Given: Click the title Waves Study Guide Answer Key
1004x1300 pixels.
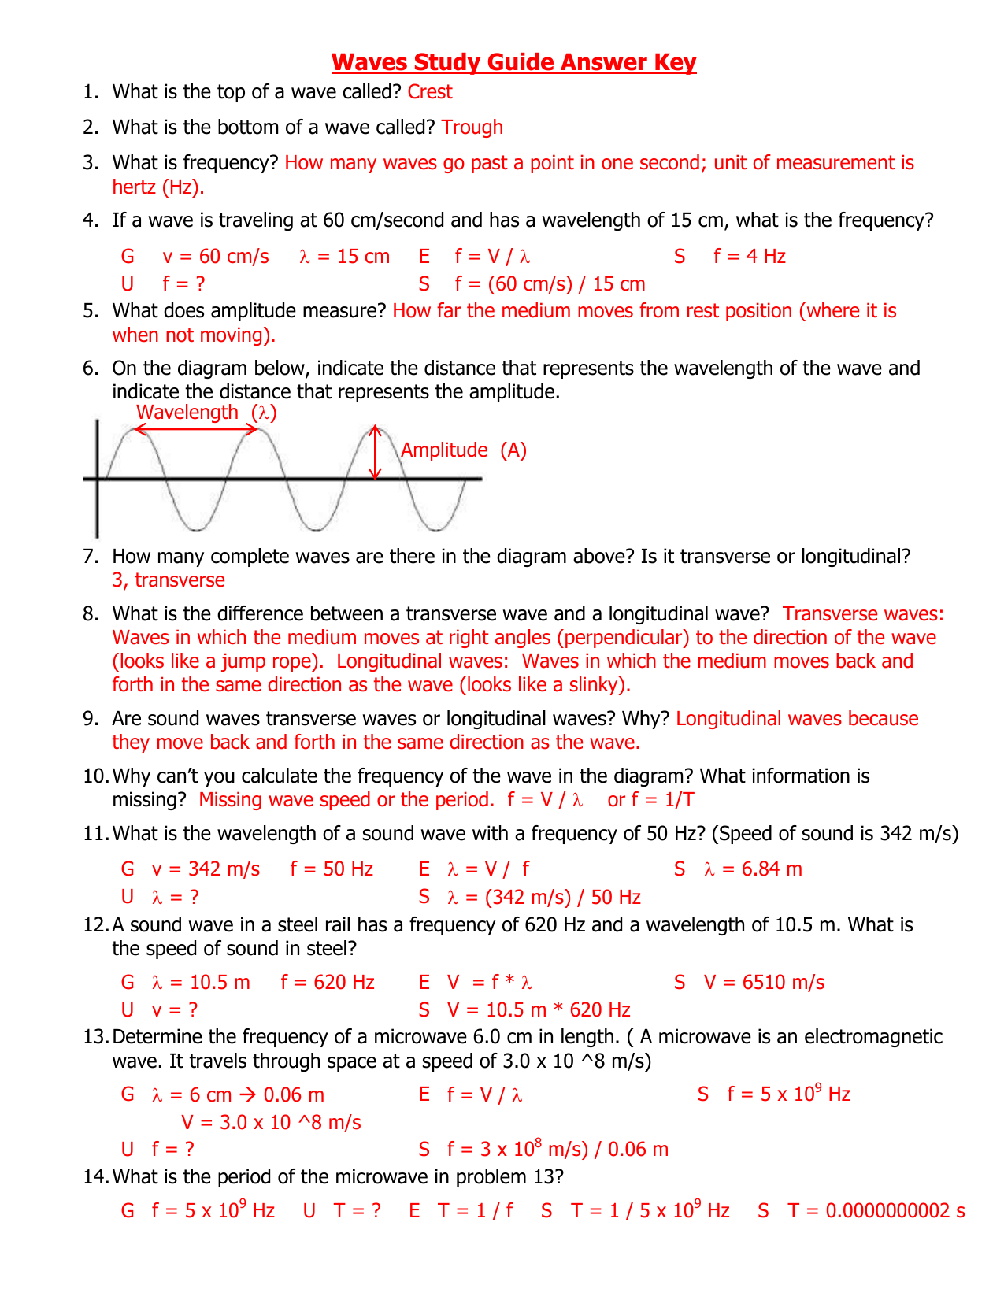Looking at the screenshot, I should coord(513,62).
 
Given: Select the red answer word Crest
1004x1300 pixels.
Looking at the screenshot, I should coord(430,92).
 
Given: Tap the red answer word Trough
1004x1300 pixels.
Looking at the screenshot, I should coord(472,128).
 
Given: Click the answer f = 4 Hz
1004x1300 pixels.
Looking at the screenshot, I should coord(749,257).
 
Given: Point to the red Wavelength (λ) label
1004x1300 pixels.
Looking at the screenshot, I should coord(206,413).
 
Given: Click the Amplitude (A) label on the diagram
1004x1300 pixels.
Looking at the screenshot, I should coord(463,450).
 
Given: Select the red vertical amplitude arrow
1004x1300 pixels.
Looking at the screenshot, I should coord(376,453).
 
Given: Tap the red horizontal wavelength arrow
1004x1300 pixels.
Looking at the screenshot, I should coord(196,429).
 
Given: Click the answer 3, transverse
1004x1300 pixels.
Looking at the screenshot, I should coord(169,580).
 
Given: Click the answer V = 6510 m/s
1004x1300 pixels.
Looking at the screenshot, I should coord(764,983).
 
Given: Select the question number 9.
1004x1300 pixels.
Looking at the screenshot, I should coord(89,719).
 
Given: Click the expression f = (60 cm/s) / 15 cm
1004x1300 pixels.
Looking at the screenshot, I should coord(550,284).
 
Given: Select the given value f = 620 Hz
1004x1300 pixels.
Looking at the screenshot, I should coord(328,983).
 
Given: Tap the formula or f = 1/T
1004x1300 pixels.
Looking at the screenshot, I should coord(650,800).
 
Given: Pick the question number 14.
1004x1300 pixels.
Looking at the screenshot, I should coord(94,1177).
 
